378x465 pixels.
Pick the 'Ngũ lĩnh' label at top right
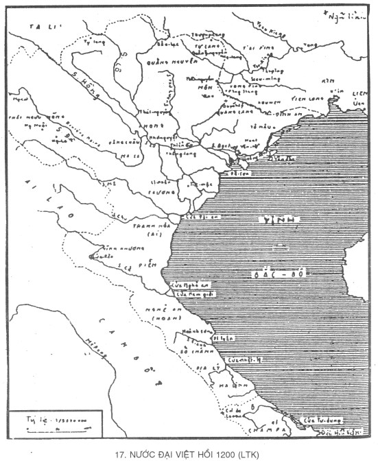[x=343, y=15]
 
